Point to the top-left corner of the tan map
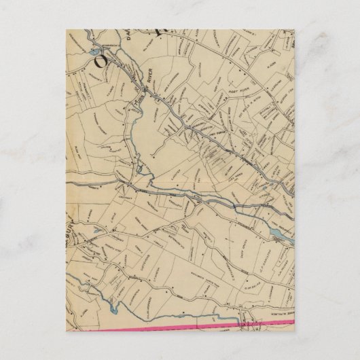(x=67, y=29)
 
